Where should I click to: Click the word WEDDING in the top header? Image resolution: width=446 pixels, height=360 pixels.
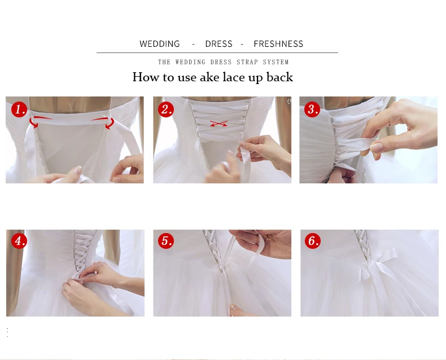tap(160, 44)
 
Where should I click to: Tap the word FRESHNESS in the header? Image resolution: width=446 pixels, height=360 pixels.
tap(278, 44)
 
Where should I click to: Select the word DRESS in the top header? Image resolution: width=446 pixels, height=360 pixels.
tap(218, 44)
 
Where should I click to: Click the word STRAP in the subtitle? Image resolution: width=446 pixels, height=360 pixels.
tap(247, 62)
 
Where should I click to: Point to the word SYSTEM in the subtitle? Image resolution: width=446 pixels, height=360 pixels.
tap(276, 62)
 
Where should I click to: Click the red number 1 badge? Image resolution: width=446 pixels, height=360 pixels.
tap(19, 109)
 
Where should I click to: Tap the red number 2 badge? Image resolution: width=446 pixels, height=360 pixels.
tap(166, 109)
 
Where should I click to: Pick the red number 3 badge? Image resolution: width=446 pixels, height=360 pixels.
tap(312, 109)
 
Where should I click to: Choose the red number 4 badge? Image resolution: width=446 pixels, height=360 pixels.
tap(19, 241)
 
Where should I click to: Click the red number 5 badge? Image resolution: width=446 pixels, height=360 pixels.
tap(166, 241)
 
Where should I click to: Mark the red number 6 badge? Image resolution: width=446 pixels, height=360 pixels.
tap(313, 240)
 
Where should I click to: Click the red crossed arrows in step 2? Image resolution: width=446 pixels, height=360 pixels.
tap(218, 124)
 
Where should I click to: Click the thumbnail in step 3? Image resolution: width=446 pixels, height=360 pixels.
tap(368, 140)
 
